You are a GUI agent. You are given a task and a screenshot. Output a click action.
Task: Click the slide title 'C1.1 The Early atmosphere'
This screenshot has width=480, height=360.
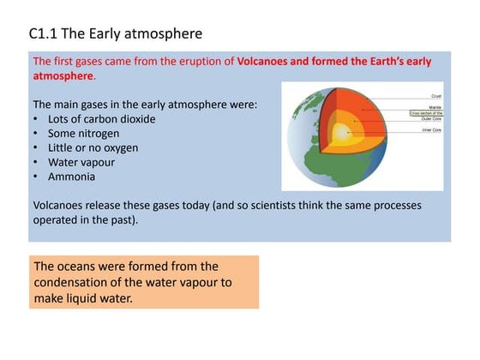click(116, 34)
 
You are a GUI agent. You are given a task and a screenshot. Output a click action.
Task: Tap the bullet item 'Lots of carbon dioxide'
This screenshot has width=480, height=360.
click(101, 119)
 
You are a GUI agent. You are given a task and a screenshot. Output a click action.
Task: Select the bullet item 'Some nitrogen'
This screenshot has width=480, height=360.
click(83, 134)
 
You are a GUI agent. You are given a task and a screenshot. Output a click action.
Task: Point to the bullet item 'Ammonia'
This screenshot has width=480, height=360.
click(71, 177)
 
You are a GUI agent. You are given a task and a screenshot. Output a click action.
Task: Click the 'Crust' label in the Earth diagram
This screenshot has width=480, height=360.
click(435, 96)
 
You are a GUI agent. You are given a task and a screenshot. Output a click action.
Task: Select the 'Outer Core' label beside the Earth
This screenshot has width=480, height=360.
click(431, 119)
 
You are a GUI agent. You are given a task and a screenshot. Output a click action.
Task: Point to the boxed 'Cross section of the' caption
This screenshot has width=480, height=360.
click(426, 112)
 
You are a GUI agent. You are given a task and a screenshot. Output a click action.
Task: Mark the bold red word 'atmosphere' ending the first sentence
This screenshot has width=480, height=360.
click(63, 76)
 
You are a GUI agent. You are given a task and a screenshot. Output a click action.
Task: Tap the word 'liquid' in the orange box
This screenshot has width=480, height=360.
click(85, 297)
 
